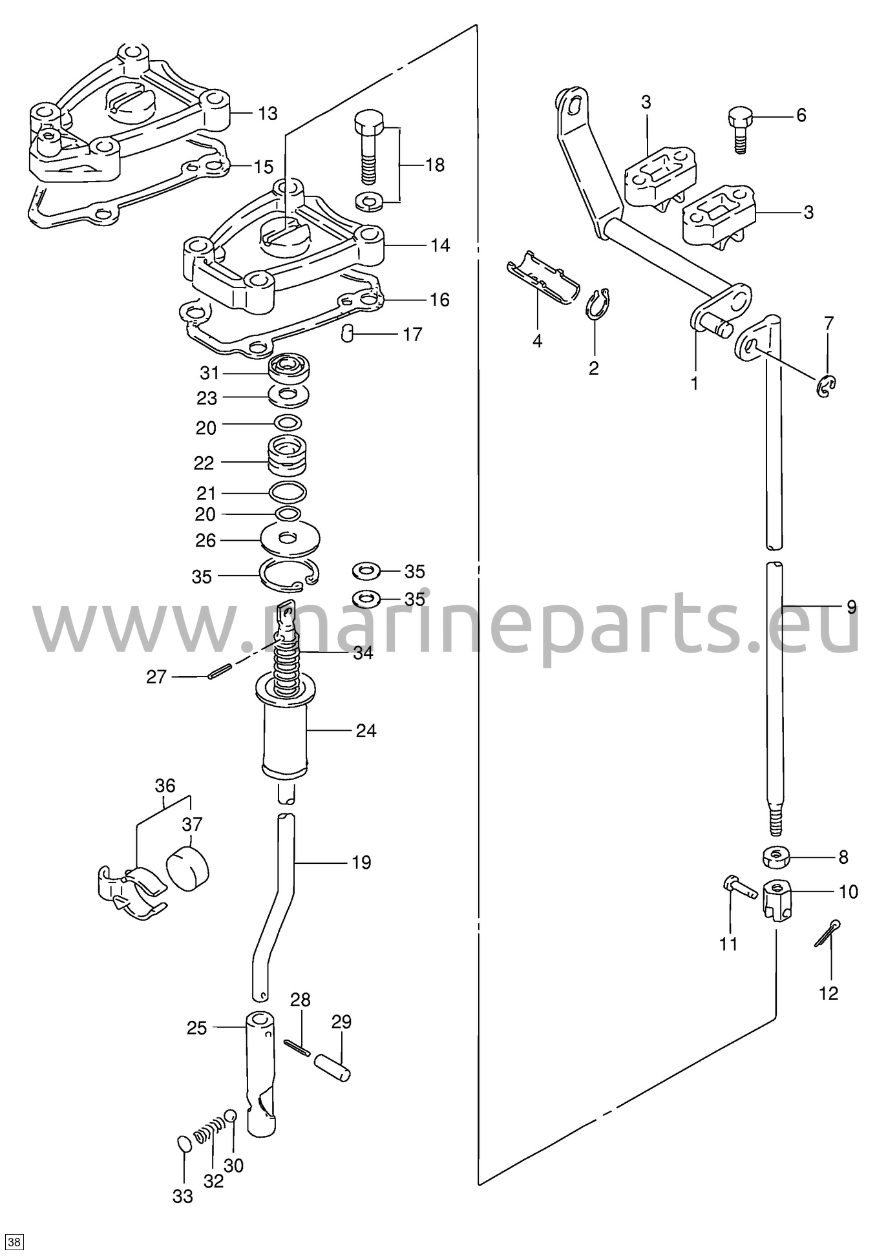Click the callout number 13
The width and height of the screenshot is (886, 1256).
coord(268,113)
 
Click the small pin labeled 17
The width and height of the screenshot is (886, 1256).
coord(347,333)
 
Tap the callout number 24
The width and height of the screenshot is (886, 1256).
coord(366,731)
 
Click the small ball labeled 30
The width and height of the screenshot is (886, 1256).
coord(231,1116)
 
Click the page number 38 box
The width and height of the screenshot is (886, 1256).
coord(16,1242)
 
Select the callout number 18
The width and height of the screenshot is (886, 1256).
coord(435,165)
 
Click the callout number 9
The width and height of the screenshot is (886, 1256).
coord(851,607)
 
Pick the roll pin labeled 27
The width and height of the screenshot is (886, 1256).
coord(219,672)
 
